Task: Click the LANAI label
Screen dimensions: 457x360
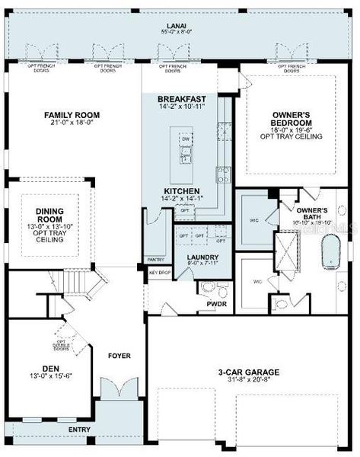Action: [179, 25]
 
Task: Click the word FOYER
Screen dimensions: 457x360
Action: [119, 356]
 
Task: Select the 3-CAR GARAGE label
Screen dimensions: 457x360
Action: [248, 372]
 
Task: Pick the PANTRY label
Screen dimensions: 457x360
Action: [156, 260]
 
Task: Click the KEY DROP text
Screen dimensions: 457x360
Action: [159, 272]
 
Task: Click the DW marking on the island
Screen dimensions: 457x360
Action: [186, 139]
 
